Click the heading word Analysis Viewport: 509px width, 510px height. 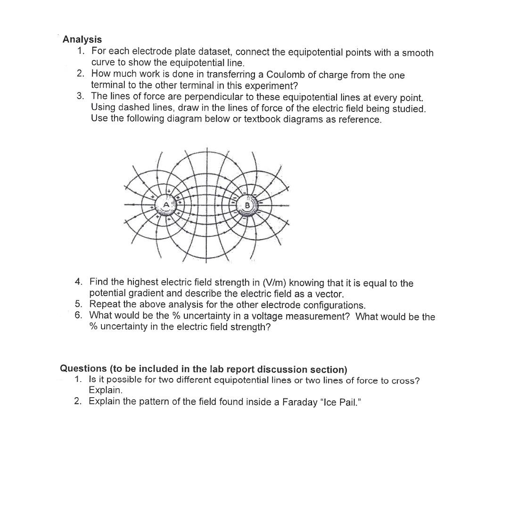point(82,39)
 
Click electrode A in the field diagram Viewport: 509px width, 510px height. point(166,205)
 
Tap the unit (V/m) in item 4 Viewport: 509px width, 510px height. point(273,283)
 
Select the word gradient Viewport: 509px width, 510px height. point(142,293)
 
